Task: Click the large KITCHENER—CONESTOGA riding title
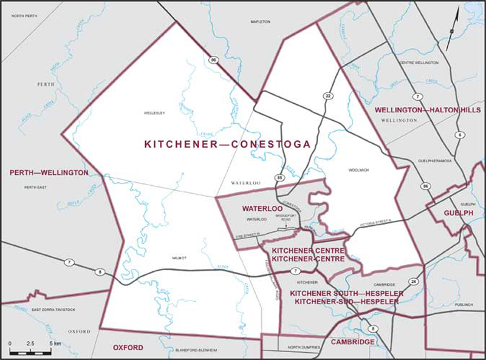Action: coord(227,144)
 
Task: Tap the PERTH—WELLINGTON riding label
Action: coord(49,173)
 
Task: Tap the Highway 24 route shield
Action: coord(414,282)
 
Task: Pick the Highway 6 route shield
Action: coord(460,135)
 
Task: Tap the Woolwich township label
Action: coord(358,170)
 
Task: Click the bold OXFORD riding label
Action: coord(129,347)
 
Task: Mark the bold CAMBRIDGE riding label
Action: coord(352,343)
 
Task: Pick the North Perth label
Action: coord(16,7)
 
